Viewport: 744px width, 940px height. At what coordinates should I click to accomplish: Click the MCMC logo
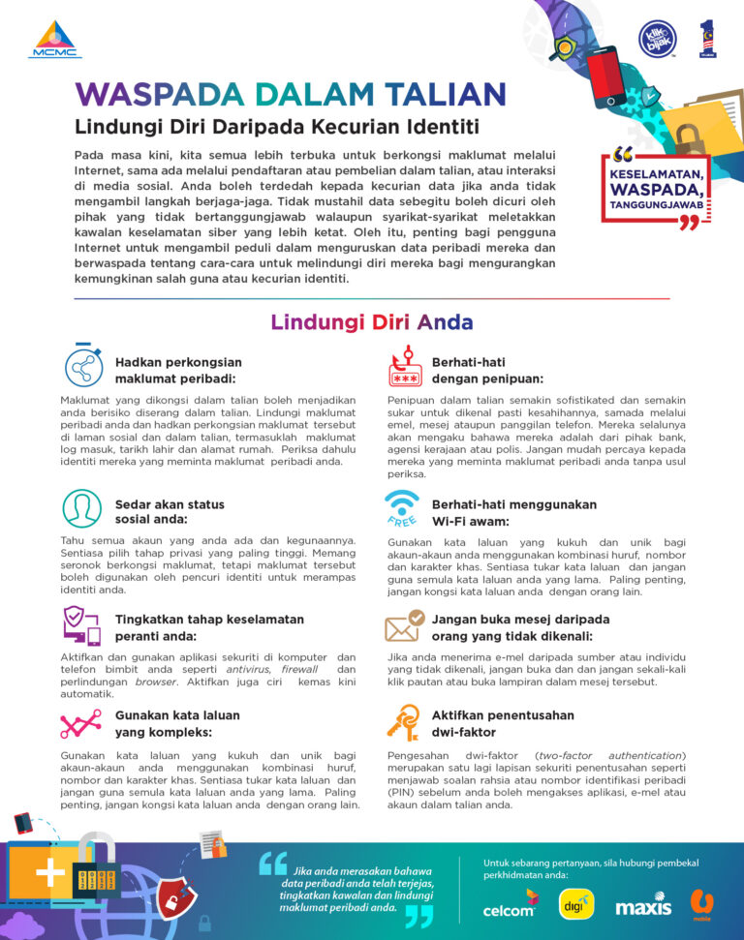coord(55,40)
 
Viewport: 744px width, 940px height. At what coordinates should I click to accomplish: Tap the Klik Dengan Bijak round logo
coord(657,39)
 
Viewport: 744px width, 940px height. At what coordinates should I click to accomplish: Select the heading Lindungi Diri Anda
coord(372,322)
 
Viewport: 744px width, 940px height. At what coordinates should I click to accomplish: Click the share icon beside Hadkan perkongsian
coord(84,367)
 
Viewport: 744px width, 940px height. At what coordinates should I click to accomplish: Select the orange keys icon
coord(402,721)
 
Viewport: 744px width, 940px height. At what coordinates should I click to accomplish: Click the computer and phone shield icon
coord(82,625)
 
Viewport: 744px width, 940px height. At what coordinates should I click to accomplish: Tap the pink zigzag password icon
coord(81,723)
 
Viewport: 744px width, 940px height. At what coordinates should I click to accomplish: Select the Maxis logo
coord(642,907)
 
